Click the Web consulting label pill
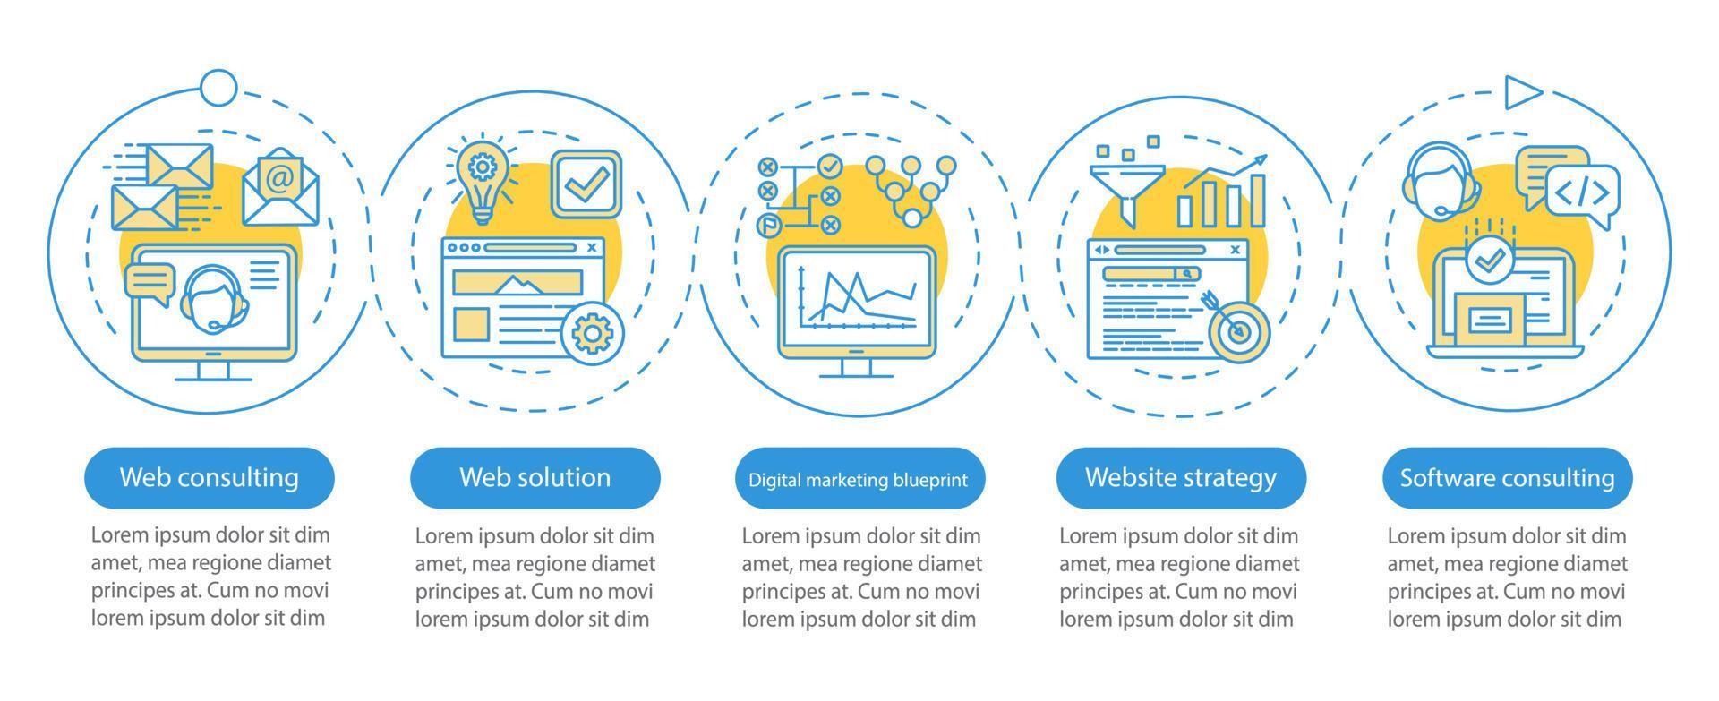(209, 477)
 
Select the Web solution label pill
(535, 477)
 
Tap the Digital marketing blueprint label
(858, 479)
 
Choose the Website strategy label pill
(1180, 477)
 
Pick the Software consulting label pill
(1507, 477)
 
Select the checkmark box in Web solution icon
(586, 183)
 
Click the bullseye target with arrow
(1237, 329)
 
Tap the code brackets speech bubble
(1582, 194)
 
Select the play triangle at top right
(1521, 92)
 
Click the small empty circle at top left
(218, 88)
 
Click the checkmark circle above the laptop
(1489, 260)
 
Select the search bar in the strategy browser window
(1150, 274)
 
